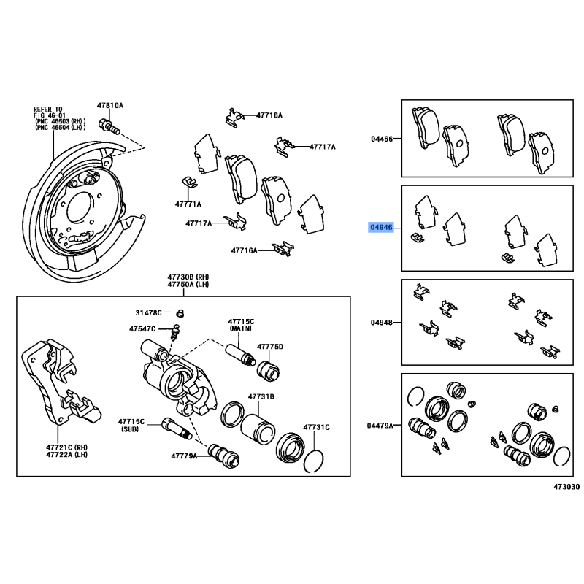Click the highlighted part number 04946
(381, 228)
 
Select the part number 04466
(381, 138)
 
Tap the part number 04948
(381, 322)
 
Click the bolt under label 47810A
(111, 127)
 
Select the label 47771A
(188, 204)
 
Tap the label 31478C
(149, 313)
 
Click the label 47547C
(144, 329)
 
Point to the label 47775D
(269, 346)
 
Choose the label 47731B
(261, 396)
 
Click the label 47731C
(317, 426)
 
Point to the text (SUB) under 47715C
(133, 429)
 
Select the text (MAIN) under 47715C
(240, 329)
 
